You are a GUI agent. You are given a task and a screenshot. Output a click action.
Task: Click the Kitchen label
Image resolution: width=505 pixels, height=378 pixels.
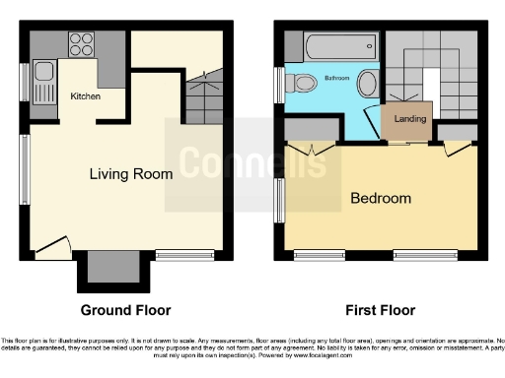click(85, 96)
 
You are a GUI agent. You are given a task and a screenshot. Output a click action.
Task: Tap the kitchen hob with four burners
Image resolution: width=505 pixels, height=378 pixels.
click(78, 43)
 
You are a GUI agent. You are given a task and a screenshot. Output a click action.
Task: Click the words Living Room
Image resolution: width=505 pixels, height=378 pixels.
click(131, 174)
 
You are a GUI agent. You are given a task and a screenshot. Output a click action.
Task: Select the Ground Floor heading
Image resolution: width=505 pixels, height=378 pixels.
click(125, 310)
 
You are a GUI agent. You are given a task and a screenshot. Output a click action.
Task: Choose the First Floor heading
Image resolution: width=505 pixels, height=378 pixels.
click(379, 310)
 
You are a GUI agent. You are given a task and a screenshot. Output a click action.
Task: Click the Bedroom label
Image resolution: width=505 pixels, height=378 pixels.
click(381, 198)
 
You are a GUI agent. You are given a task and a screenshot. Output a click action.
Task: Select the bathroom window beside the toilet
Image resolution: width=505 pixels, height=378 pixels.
click(279, 84)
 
